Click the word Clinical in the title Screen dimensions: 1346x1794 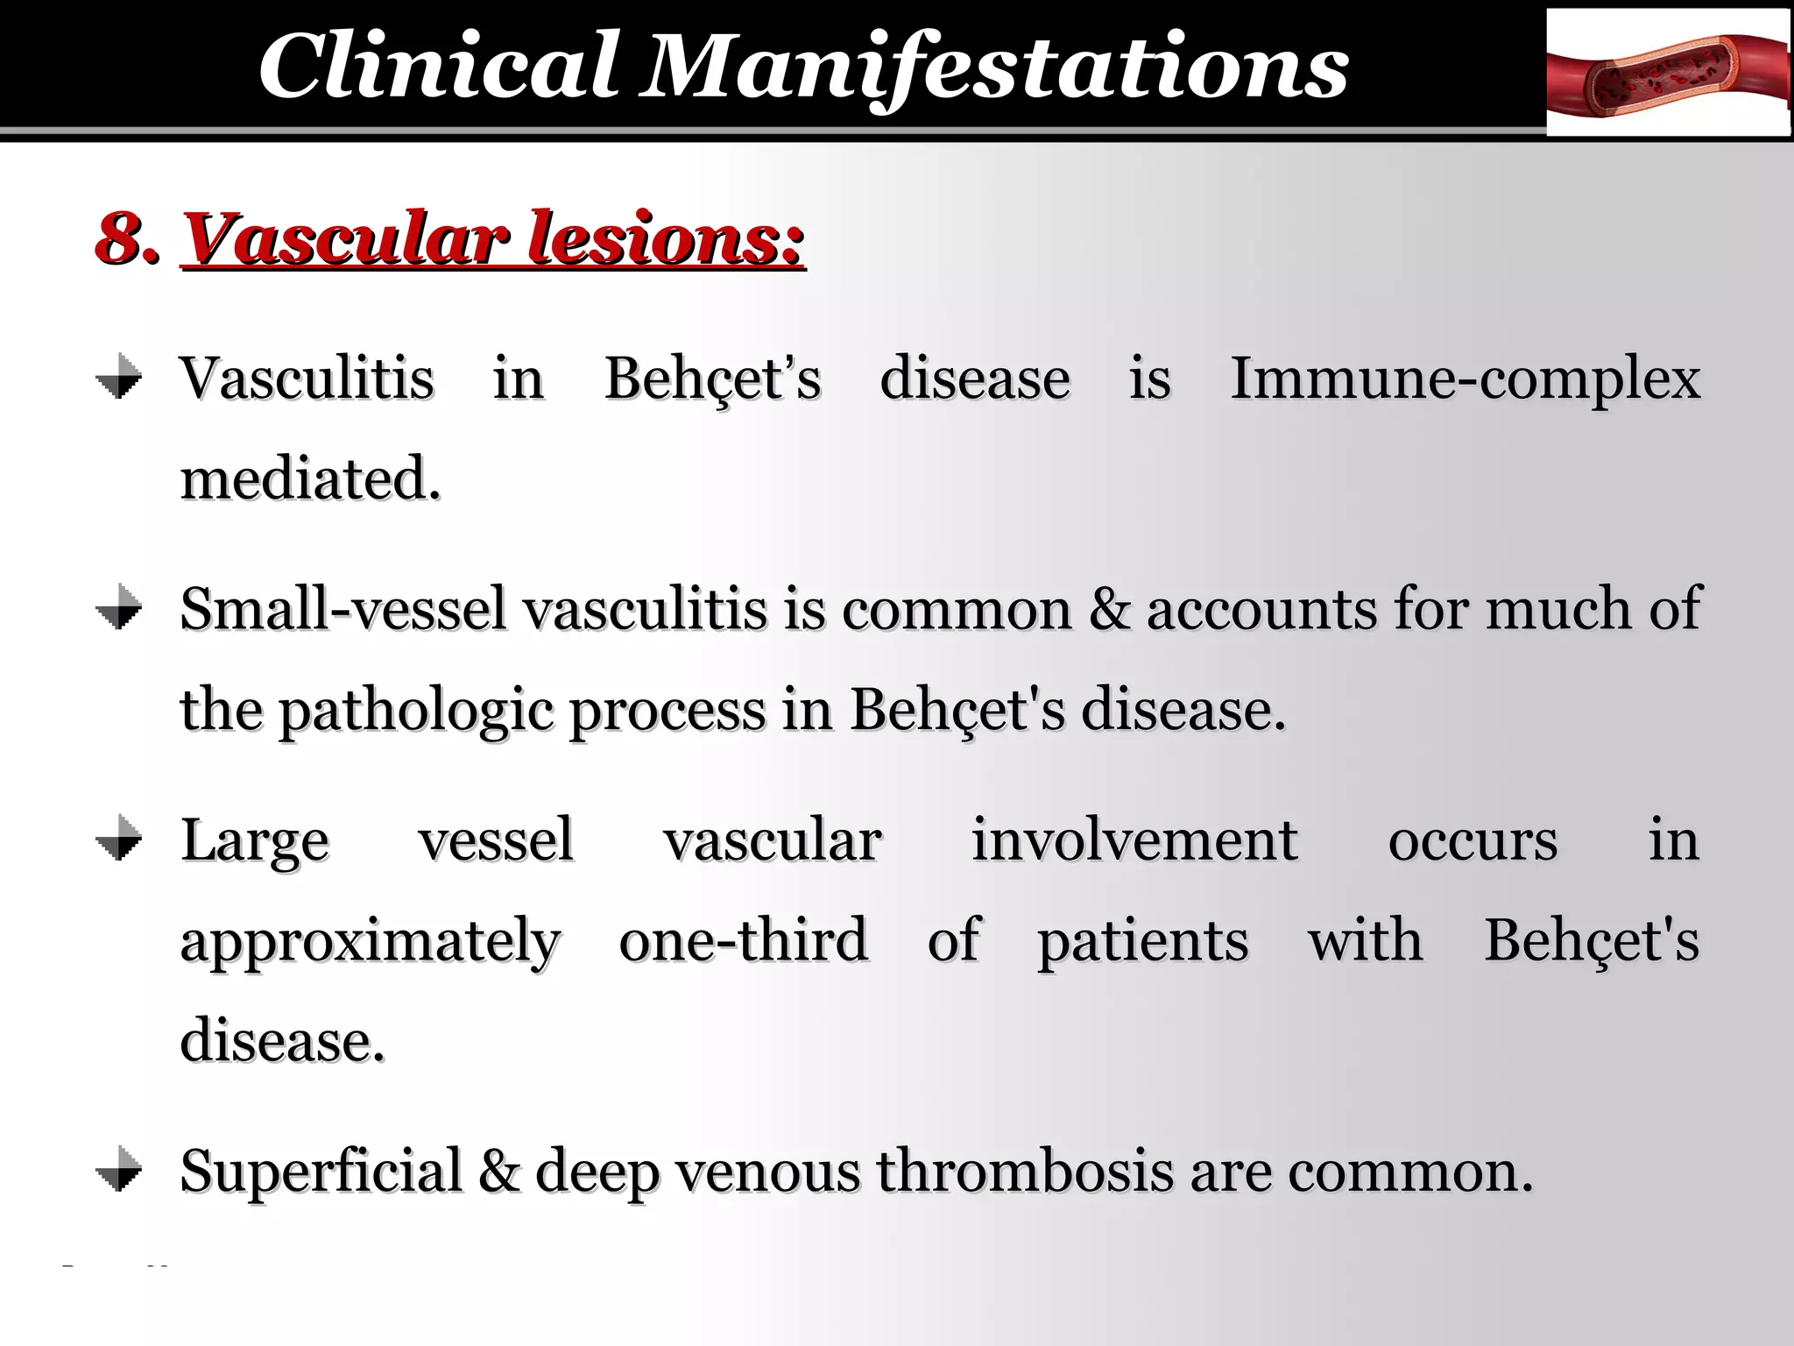click(x=438, y=67)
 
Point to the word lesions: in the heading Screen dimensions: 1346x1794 click(x=666, y=237)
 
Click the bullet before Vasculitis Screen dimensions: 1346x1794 click(x=119, y=378)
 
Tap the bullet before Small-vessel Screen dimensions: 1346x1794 click(x=119, y=607)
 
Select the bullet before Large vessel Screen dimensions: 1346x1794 click(x=119, y=839)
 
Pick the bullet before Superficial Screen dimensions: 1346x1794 click(x=119, y=1170)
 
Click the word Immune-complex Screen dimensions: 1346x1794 click(x=1465, y=379)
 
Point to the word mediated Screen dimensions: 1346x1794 click(x=310, y=479)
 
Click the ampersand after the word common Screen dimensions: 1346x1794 click(x=1108, y=608)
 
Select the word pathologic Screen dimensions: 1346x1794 click(x=416, y=710)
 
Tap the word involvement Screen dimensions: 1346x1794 click(x=1134, y=839)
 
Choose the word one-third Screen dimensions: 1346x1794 click(x=744, y=939)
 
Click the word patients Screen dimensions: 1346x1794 click(x=1143, y=941)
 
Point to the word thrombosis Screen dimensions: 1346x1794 click(x=1024, y=1171)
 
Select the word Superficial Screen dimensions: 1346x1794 click(x=321, y=1171)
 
